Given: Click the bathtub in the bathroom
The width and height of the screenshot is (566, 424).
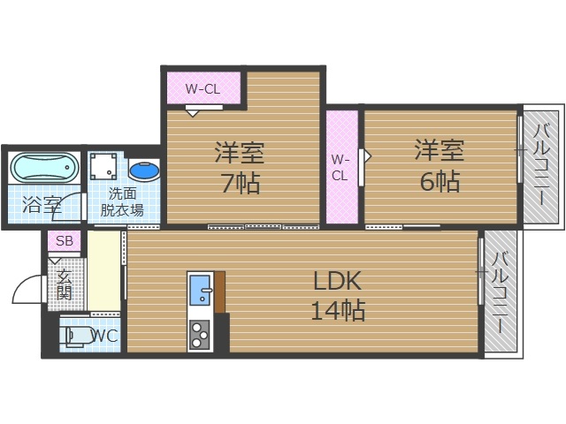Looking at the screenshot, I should (x=43, y=167).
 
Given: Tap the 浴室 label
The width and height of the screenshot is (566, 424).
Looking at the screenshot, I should (x=42, y=208).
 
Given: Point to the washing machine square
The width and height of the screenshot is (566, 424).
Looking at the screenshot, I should (x=106, y=166).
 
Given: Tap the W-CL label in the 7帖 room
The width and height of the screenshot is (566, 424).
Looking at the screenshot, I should (x=203, y=88).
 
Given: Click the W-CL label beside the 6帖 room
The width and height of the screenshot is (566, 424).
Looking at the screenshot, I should (x=340, y=167).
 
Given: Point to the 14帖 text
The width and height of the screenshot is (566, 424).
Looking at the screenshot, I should (x=338, y=310).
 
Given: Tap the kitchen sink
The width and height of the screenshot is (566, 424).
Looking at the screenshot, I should (x=200, y=291).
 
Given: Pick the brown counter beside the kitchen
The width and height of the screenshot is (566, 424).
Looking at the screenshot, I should (x=219, y=291).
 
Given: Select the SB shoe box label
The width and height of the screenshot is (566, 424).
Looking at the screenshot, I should (x=64, y=240).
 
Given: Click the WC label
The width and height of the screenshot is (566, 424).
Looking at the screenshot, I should (x=104, y=336).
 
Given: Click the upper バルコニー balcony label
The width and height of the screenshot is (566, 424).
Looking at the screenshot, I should (x=540, y=165).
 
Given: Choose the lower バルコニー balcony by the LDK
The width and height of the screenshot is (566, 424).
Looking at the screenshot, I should (x=501, y=292).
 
